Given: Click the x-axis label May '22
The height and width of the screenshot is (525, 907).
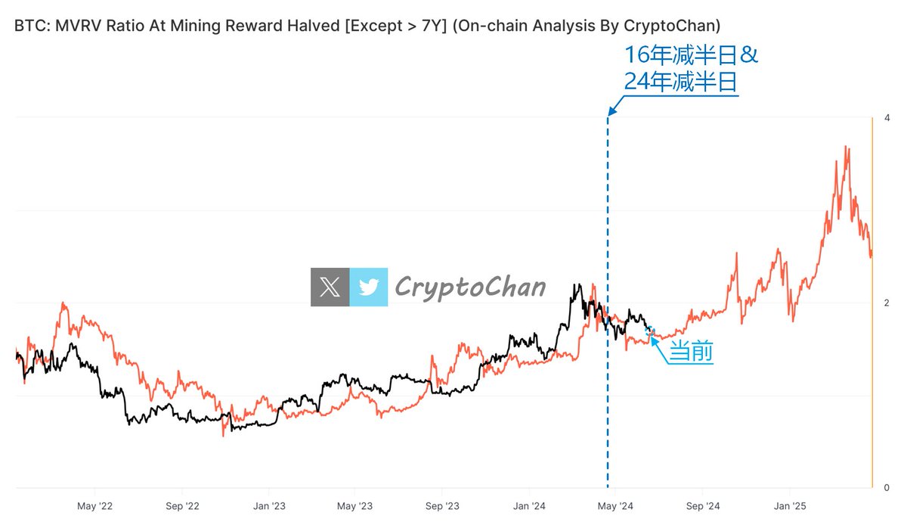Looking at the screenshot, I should [94, 505].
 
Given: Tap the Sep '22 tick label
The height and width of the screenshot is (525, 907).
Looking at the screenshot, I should [181, 505].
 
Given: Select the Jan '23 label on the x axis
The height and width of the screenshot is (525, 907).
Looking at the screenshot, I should [269, 505].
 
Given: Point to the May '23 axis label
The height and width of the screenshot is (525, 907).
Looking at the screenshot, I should [355, 505].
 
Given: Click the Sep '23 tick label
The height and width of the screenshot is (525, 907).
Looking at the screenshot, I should [442, 505].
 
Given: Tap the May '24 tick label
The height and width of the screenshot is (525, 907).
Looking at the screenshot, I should [616, 505].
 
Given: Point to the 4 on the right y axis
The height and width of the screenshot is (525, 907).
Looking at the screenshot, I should [887, 118].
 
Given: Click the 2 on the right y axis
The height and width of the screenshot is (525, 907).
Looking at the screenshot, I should [887, 303].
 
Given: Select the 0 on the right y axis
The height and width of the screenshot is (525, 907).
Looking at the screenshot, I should [887, 488].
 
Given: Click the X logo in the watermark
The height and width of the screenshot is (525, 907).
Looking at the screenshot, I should [330, 287].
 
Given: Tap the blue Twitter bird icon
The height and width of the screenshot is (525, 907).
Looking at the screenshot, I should [369, 287].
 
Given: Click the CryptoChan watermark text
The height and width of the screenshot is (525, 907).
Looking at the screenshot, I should [469, 287].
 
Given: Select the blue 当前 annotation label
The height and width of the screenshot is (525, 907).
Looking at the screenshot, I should [692, 353].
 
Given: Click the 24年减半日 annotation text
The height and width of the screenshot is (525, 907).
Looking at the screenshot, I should [680, 81].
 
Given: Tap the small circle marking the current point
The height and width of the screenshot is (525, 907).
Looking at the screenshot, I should [649, 331].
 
